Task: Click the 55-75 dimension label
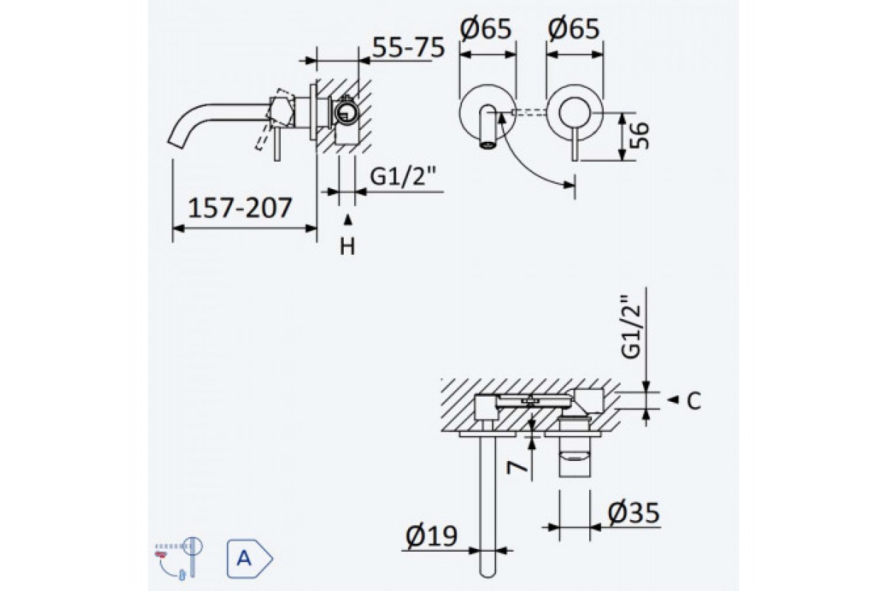coord(407,48)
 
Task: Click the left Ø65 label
coord(486,30)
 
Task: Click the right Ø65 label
coord(573,30)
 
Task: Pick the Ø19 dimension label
coord(432,536)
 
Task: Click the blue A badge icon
coord(248,558)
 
